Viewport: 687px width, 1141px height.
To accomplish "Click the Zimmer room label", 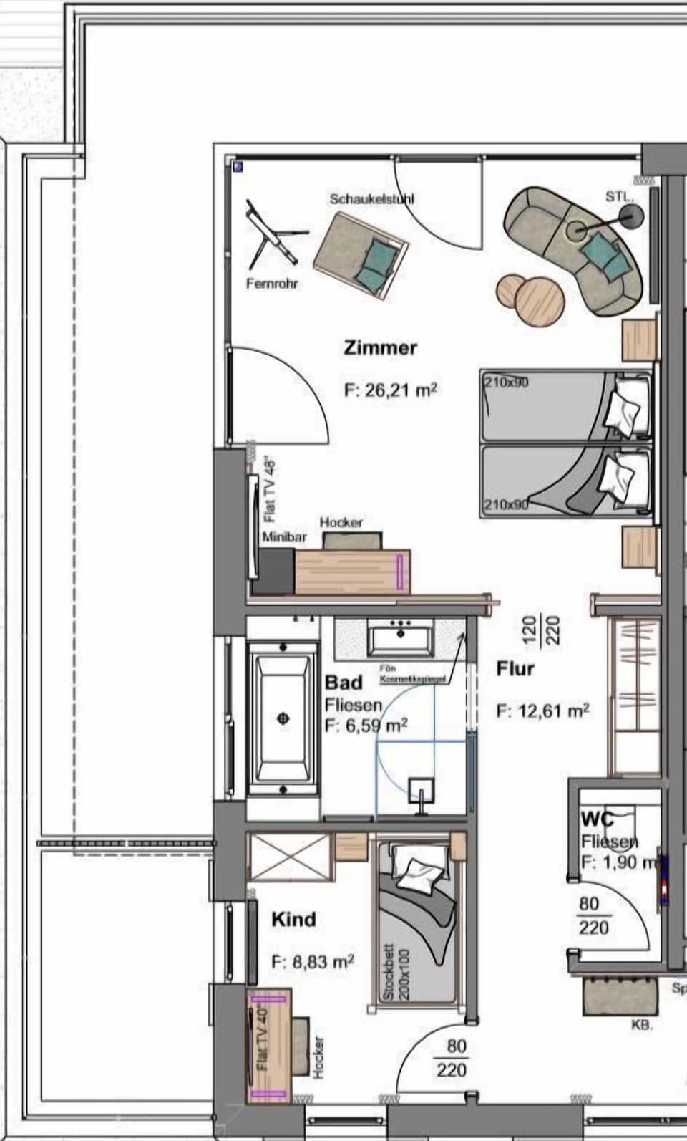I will [380, 348].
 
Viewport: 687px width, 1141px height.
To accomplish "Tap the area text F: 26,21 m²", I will [390, 390].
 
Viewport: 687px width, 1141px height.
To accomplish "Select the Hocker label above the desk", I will [341, 523].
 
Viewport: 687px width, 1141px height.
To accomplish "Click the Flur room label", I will [515, 668].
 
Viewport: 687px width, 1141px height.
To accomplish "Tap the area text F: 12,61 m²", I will [542, 711].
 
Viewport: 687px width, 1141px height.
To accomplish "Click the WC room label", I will [597, 819].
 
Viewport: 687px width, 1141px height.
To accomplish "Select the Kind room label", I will [293, 919].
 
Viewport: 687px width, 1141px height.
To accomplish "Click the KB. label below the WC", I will [641, 1026].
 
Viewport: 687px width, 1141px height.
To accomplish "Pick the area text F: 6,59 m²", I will [366, 725].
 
